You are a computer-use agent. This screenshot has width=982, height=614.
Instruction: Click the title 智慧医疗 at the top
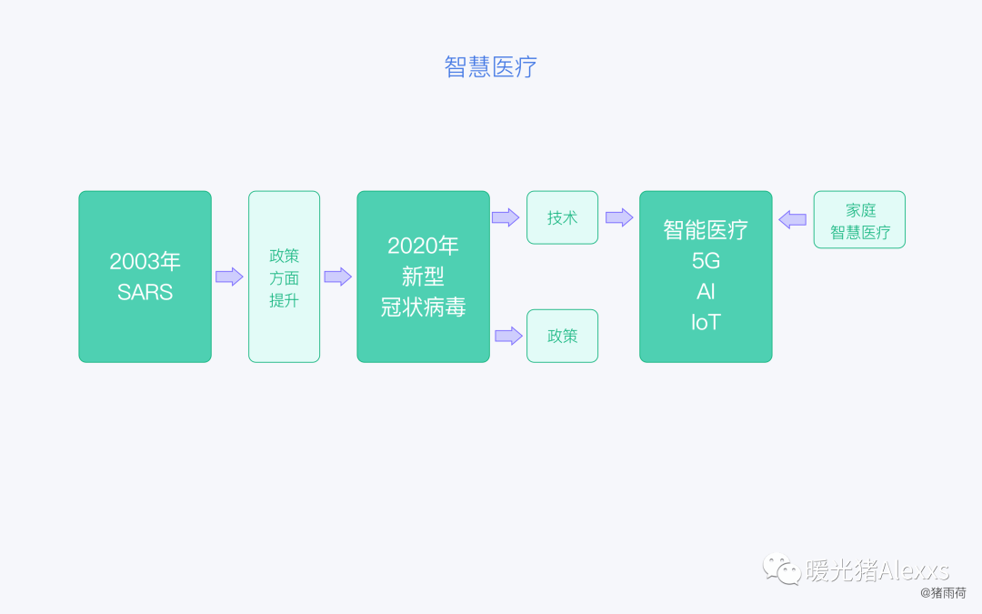click(490, 67)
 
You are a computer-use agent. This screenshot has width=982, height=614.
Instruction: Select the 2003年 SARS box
click(145, 277)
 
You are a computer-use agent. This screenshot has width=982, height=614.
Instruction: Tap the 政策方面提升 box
click(284, 277)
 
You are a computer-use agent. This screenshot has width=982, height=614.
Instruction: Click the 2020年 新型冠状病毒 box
click(423, 277)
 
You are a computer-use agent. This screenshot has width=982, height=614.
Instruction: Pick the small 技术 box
click(562, 217)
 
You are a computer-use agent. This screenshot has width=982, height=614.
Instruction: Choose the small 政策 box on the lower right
click(562, 336)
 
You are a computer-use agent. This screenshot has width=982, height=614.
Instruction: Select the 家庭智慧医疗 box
click(859, 219)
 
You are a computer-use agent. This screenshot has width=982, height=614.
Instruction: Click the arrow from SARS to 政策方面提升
click(229, 277)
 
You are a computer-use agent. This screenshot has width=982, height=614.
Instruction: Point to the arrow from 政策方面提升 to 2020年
click(337, 277)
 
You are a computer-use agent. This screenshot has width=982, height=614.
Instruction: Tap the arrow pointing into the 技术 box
click(506, 217)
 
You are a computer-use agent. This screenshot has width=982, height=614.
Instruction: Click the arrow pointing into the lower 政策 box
click(508, 336)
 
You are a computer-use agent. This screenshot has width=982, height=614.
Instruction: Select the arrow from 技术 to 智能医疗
click(619, 217)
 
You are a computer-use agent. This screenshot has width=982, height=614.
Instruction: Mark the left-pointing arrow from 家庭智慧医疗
click(793, 219)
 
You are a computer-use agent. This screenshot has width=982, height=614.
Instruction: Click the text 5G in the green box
click(706, 261)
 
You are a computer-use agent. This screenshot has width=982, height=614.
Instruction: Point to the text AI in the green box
click(706, 292)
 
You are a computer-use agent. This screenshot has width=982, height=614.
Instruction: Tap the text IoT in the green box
click(706, 323)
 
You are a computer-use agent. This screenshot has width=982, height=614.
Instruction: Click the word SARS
click(145, 293)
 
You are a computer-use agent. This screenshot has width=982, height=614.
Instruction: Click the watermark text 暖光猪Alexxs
click(877, 570)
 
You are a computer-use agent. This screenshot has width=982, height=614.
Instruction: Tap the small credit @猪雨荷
click(943, 592)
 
